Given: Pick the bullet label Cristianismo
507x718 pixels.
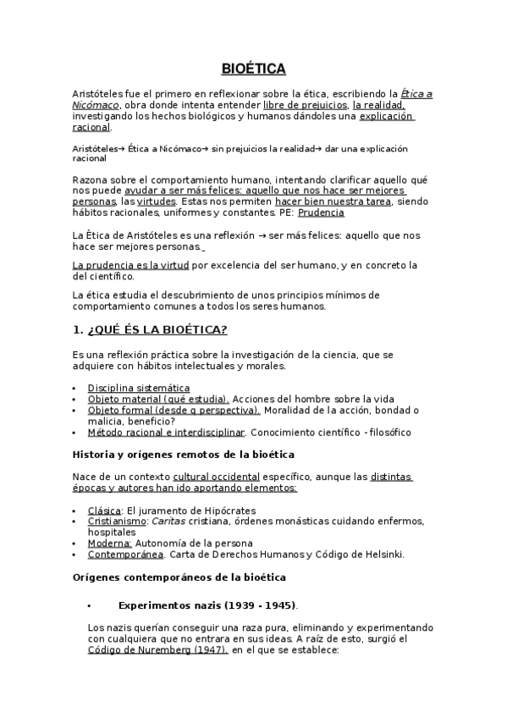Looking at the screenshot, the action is [116, 522].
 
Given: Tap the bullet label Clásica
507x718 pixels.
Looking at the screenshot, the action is [105, 511].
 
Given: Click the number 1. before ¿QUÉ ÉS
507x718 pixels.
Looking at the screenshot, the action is [78, 329].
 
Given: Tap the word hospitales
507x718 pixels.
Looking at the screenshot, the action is [113, 533].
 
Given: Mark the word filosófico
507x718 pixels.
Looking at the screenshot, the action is [392, 432].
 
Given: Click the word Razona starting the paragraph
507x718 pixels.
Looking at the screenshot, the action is [91, 180].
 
